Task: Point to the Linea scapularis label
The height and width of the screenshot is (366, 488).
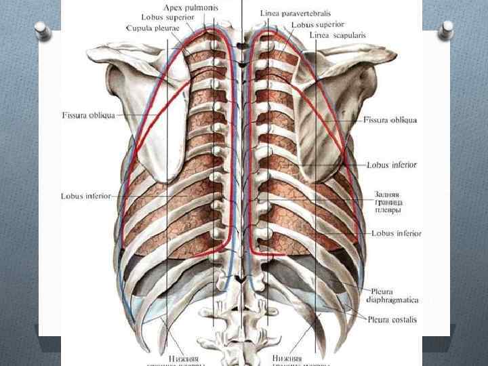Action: point(336,35)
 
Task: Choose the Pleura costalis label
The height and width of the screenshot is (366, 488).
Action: point(392,319)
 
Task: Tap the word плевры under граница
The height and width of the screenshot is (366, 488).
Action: point(388,210)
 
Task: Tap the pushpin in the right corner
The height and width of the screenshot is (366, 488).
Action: point(447,29)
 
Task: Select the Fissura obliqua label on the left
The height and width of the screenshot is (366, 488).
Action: point(89,115)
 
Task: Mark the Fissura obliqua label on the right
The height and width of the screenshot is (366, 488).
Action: point(390,120)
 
